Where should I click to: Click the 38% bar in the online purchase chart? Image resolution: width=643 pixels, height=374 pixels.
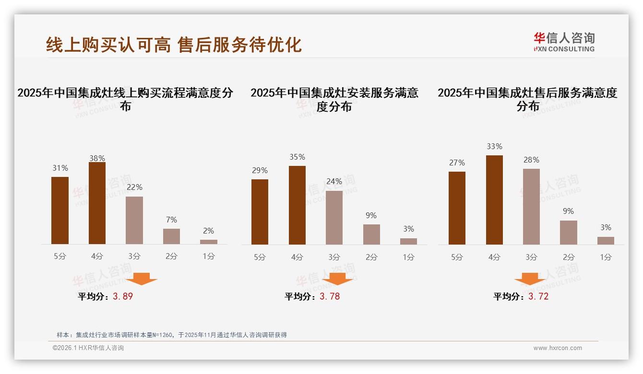click(97, 203)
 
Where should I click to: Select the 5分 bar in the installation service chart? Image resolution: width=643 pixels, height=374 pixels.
click(260, 212)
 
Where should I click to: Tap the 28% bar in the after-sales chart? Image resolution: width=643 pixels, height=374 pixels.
click(531, 207)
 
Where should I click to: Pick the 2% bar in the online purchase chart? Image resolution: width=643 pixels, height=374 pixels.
click(209, 242)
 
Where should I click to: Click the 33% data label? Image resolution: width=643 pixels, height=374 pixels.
click(494, 147)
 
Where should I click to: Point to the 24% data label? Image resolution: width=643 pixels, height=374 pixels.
click(334, 182)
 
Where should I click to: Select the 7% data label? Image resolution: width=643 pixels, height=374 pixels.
click(171, 220)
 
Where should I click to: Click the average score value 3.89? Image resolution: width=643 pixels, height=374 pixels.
click(123, 296)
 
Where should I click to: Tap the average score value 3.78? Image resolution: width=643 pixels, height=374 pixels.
click(330, 296)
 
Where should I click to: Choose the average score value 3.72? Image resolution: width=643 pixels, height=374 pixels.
click(538, 296)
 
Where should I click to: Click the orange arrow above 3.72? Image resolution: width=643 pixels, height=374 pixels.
click(530, 279)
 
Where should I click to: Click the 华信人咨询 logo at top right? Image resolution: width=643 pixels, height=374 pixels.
click(564, 42)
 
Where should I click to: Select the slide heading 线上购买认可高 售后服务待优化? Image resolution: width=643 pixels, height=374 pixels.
click(174, 45)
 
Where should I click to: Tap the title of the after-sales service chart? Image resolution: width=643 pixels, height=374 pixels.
click(527, 99)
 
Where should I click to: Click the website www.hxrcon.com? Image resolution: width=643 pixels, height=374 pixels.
click(558, 348)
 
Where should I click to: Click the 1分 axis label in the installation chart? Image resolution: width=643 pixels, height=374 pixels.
click(408, 257)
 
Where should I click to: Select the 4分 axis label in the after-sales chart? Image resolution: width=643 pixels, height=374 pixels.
click(494, 257)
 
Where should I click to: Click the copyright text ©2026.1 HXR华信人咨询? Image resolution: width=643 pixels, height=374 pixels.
click(88, 348)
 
